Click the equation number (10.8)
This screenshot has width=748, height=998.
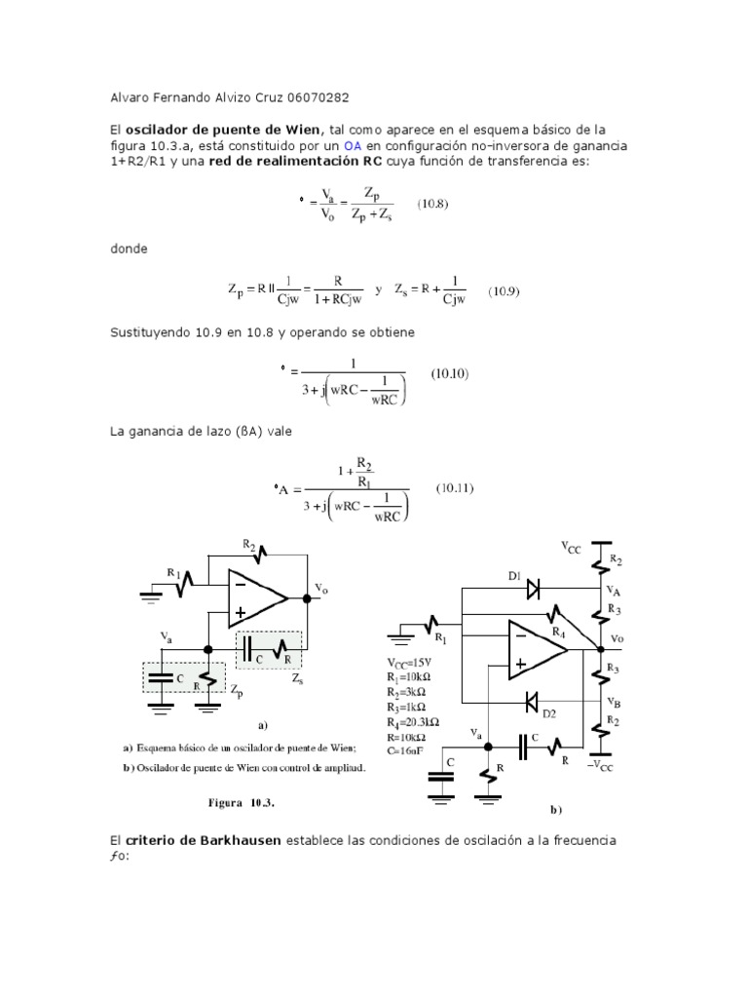point(433,204)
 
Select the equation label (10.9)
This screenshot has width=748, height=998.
point(505,290)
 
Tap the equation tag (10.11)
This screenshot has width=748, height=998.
point(454,487)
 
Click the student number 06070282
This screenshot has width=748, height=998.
point(314,97)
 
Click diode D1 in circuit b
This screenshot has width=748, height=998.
point(533,589)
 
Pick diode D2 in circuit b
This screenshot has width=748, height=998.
point(532,701)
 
